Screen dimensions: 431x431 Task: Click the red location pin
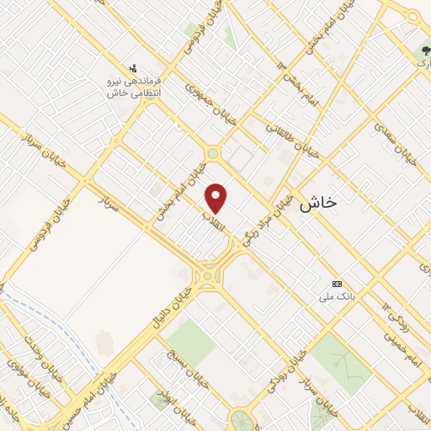coord(217,199)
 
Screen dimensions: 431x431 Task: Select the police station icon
coord(132,67)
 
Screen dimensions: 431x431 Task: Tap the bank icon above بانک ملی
coord(338,283)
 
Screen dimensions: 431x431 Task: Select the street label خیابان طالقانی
coord(288,140)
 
